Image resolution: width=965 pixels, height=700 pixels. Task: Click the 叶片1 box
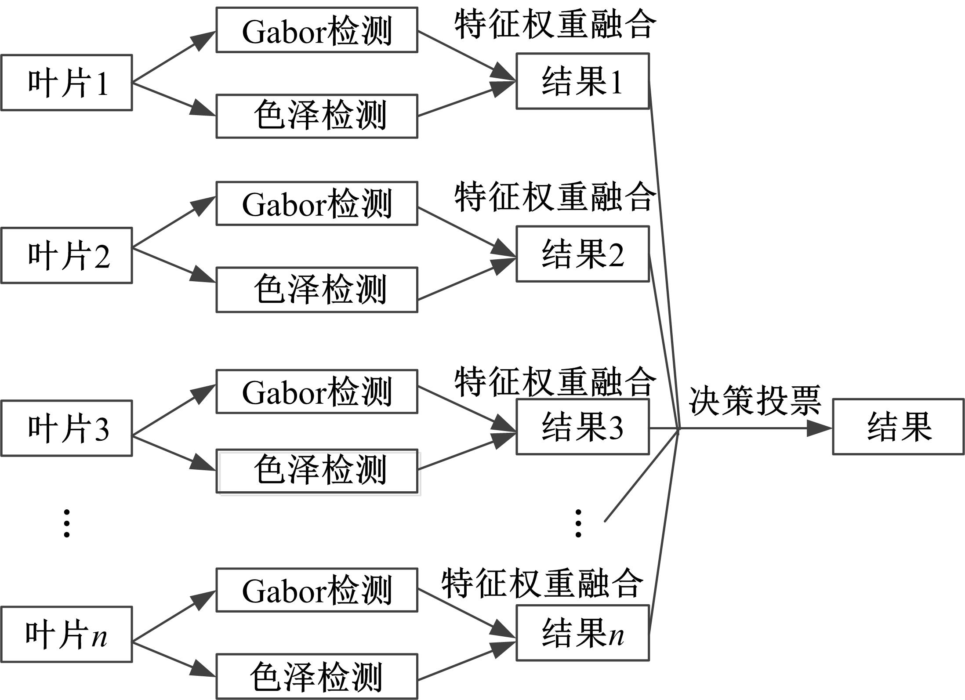[x=66, y=83]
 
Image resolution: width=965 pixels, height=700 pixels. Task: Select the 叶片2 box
[x=66, y=255]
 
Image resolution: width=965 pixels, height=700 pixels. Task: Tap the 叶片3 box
[x=66, y=428]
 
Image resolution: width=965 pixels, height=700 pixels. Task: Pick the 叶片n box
[x=66, y=635]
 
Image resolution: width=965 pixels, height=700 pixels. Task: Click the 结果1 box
[x=582, y=81]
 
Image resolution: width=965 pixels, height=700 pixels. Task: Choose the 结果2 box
[x=582, y=254]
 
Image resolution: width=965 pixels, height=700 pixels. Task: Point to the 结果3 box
[x=582, y=427]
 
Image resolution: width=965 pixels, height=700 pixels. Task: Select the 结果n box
[x=582, y=633]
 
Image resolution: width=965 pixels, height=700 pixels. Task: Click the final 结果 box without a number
[x=898, y=427]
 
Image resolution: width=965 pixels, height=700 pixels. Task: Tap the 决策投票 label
[x=755, y=400]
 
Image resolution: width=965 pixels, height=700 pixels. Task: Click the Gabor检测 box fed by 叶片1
[x=316, y=30]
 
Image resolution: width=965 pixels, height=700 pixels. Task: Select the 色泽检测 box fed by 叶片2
[x=316, y=290]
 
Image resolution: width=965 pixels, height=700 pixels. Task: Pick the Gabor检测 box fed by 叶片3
[x=316, y=392]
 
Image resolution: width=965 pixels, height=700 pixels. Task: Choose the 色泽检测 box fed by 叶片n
[x=316, y=676]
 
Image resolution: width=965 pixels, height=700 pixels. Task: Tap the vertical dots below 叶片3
[x=66, y=523]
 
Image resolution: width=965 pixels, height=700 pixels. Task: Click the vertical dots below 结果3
[x=578, y=523]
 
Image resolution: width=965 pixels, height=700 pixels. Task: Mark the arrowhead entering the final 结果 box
[x=819, y=428]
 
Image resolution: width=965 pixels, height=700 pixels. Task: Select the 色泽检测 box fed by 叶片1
[x=316, y=116]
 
